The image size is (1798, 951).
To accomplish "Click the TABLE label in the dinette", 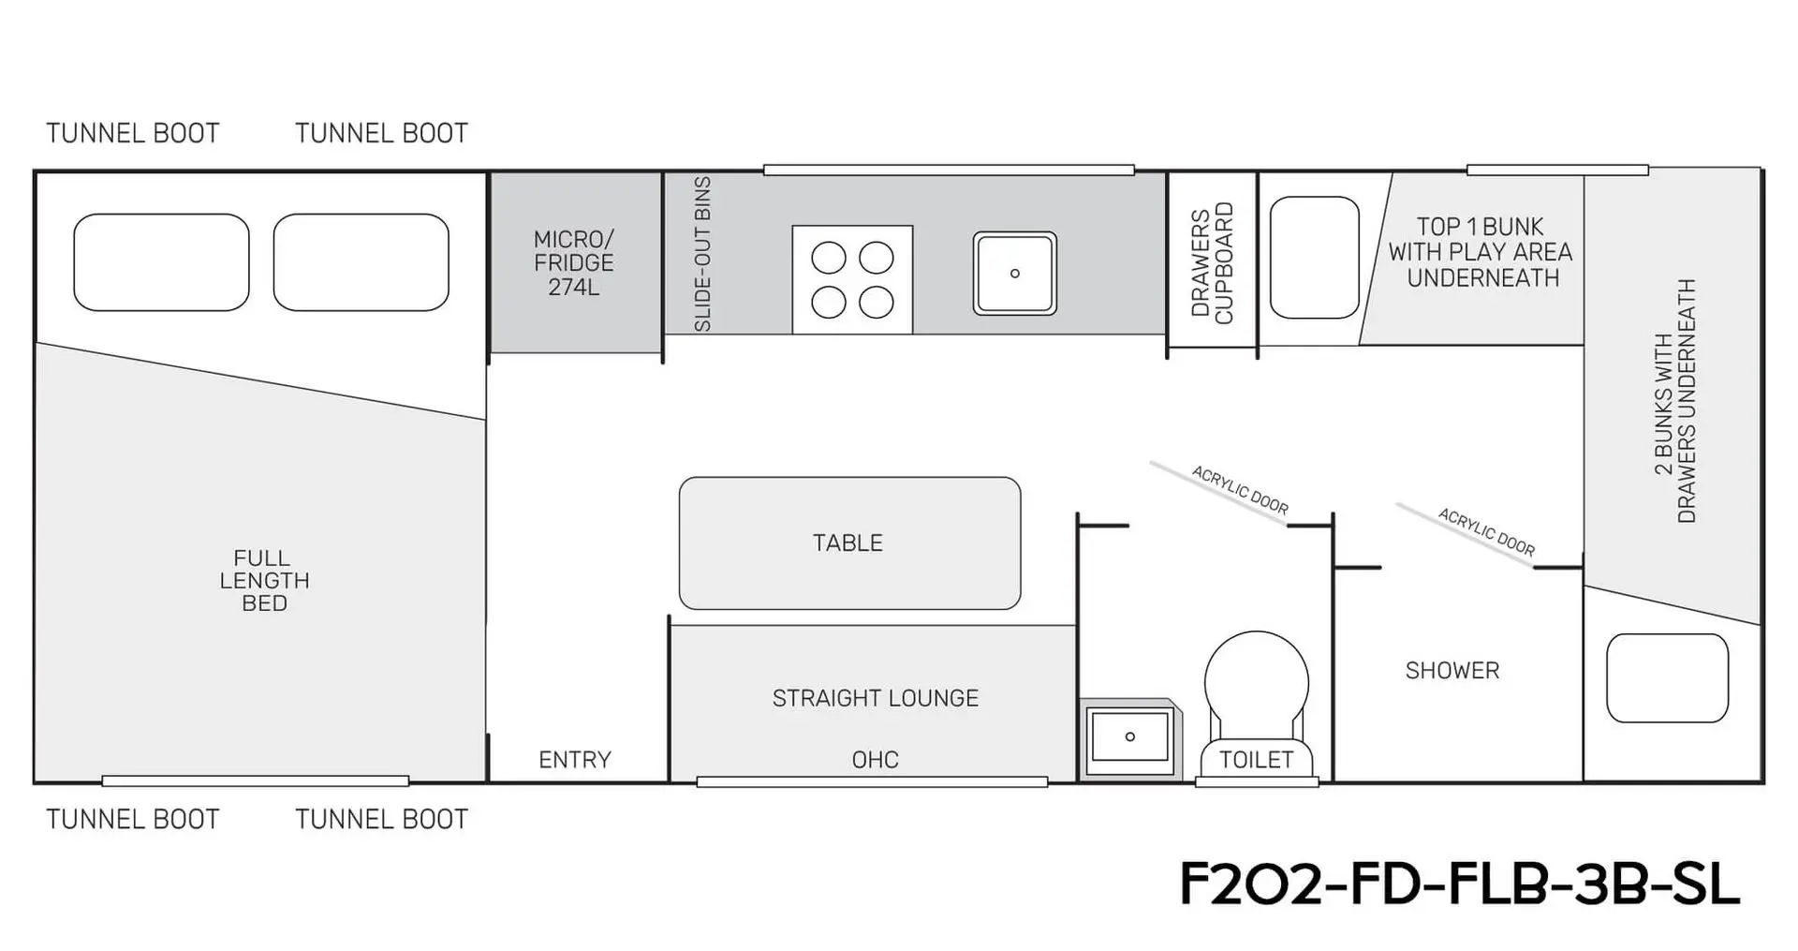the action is coord(847,543).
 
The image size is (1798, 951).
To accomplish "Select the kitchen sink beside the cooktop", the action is coord(1014,274).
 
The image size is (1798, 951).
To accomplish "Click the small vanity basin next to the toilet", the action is coord(1129,736).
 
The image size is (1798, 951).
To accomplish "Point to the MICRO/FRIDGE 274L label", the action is coord(574,263).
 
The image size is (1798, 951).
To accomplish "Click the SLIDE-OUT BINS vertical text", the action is coord(702,254).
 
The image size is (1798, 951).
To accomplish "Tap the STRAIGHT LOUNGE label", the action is coord(876,698).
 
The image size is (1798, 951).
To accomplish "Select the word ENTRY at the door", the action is coord(575,760).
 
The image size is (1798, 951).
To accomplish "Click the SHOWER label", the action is coord(1452,671).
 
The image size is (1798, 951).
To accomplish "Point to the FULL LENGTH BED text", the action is coord(264,581).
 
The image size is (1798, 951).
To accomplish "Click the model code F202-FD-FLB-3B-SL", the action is coord(1459,884).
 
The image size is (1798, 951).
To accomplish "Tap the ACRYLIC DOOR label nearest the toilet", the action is coord(1240,491).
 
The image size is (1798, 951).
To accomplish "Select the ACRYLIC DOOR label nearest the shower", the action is coord(1486,532).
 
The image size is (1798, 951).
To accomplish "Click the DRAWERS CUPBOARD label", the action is coord(1212,263).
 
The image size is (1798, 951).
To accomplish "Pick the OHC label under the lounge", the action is coord(876,760).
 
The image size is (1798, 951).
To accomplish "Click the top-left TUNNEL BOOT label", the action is coord(133,134).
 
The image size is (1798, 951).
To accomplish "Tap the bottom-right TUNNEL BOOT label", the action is coord(381,820).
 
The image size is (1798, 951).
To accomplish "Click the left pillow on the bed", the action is coord(161,262).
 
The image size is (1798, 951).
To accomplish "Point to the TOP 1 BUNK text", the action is coord(1481,228).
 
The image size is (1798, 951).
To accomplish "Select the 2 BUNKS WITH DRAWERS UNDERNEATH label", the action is coord(1674,401).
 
